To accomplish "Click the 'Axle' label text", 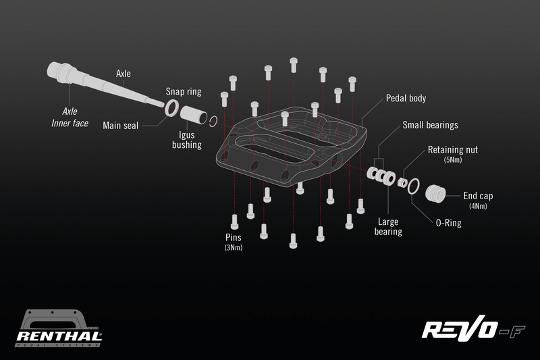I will tap(124, 74).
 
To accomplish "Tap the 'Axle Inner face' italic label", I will tap(70, 117).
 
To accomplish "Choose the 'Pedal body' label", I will tap(406, 98).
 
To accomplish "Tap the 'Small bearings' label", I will tap(430, 125).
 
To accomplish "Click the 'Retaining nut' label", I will tap(453, 149).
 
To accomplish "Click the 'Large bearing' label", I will tap(388, 226).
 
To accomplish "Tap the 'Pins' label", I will tap(234, 238).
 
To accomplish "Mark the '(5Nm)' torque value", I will tap(452, 161).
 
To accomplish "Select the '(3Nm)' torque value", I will tap(234, 248).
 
